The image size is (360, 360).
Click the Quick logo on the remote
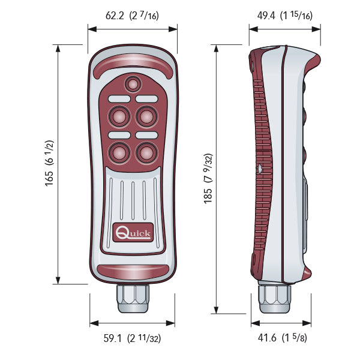(x=133, y=232)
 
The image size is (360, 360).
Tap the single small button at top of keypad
(x=133, y=84)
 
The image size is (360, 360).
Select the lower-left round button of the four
(x=119, y=152)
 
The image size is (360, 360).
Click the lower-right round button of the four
(x=147, y=152)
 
